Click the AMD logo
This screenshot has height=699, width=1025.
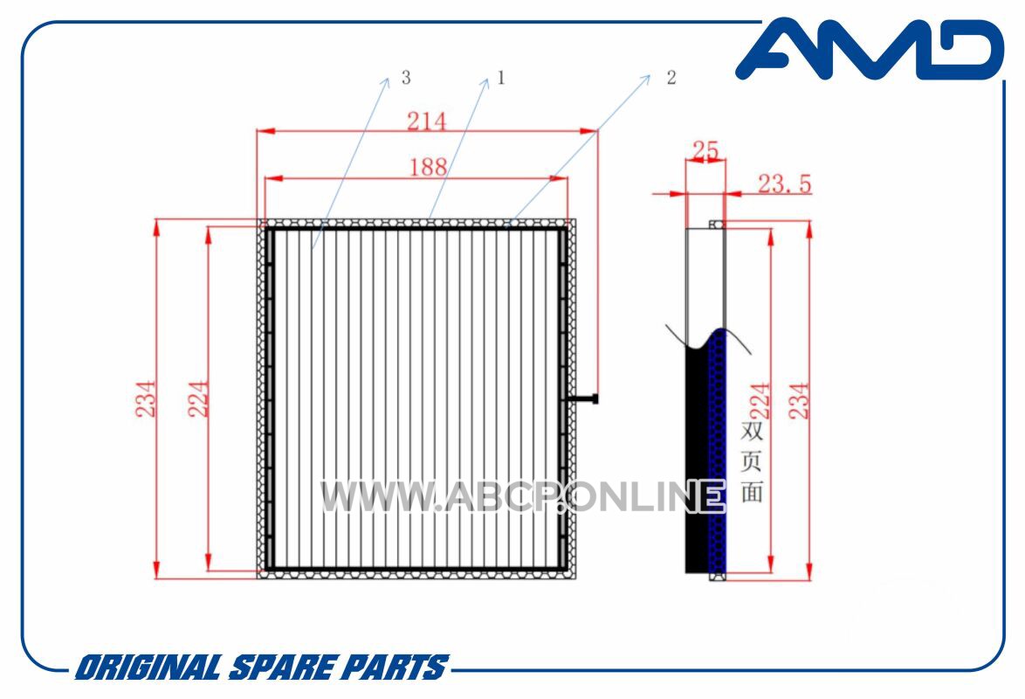point(870,49)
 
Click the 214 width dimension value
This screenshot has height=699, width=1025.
point(427,121)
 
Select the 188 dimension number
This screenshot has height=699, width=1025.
point(428,168)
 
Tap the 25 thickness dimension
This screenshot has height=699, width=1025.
point(705,151)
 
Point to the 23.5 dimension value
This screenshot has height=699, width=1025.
point(784,183)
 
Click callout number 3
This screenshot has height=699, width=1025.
point(406,78)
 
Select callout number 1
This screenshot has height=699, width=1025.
point(501,78)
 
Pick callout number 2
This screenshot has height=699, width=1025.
point(671,78)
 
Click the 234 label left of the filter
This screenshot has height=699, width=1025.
point(146,398)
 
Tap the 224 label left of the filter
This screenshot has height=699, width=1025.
point(198,398)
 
